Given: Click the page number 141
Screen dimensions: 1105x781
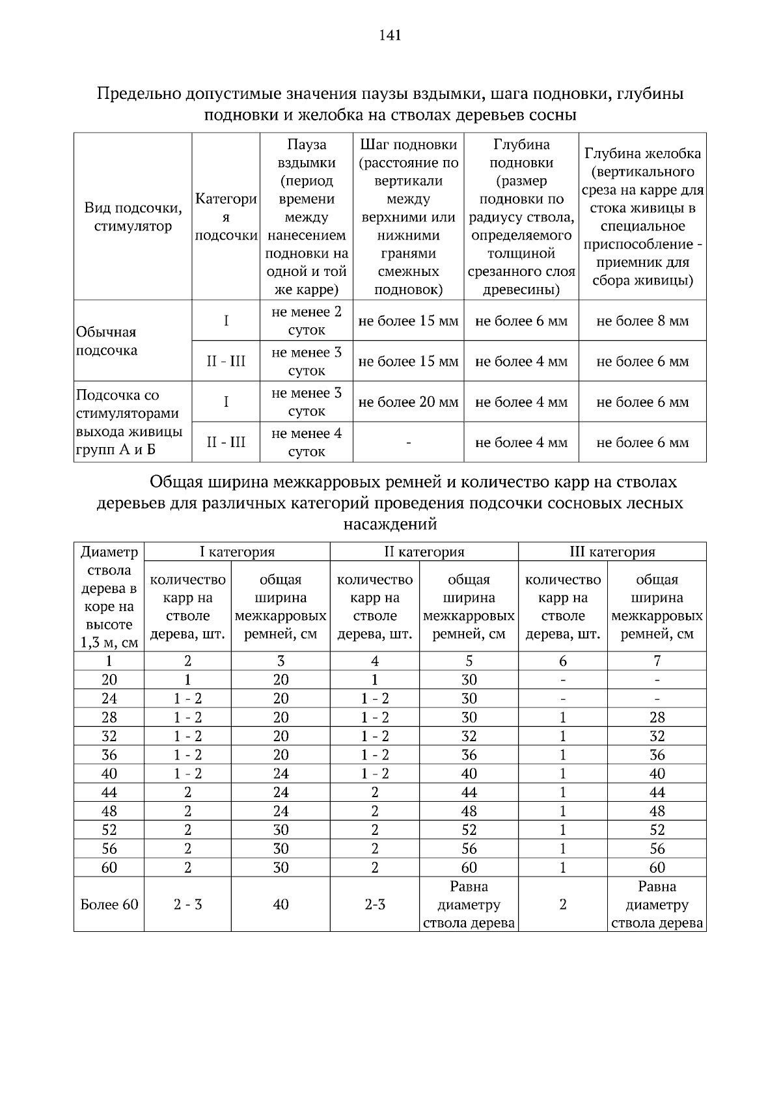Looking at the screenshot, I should coord(390,35).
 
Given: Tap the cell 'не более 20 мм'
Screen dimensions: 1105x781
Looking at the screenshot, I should coord(408,402).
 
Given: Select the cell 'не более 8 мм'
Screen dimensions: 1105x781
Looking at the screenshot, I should coord(642,321).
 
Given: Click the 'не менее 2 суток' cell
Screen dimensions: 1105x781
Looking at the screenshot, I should coord(306,321).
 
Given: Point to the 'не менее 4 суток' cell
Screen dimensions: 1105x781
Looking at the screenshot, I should coord(306,443).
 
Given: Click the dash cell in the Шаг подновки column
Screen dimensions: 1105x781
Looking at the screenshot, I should coord(408,443).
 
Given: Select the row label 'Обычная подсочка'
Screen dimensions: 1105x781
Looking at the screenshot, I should coord(107,341).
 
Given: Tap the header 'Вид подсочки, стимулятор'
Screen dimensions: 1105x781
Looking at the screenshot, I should coord(133,217).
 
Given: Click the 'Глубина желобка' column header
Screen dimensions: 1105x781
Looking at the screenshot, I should coord(642,154).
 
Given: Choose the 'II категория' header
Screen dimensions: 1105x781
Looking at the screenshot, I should coord(424,552).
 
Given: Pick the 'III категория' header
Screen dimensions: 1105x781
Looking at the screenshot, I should coord(612,552).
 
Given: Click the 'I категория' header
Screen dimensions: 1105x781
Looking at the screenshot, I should coord(237,552).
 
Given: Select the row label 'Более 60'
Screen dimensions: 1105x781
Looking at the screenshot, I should coord(109,905).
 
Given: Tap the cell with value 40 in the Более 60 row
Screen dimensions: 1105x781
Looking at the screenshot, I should coord(281,905).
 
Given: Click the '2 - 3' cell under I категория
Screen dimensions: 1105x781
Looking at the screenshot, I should coord(187,905).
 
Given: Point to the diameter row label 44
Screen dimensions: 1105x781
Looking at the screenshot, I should coord(109,793).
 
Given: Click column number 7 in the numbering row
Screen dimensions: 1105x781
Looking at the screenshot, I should coord(657,661).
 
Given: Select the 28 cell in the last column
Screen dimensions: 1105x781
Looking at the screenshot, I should coord(657,718).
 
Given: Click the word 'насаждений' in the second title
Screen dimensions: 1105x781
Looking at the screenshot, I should coord(390,524).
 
